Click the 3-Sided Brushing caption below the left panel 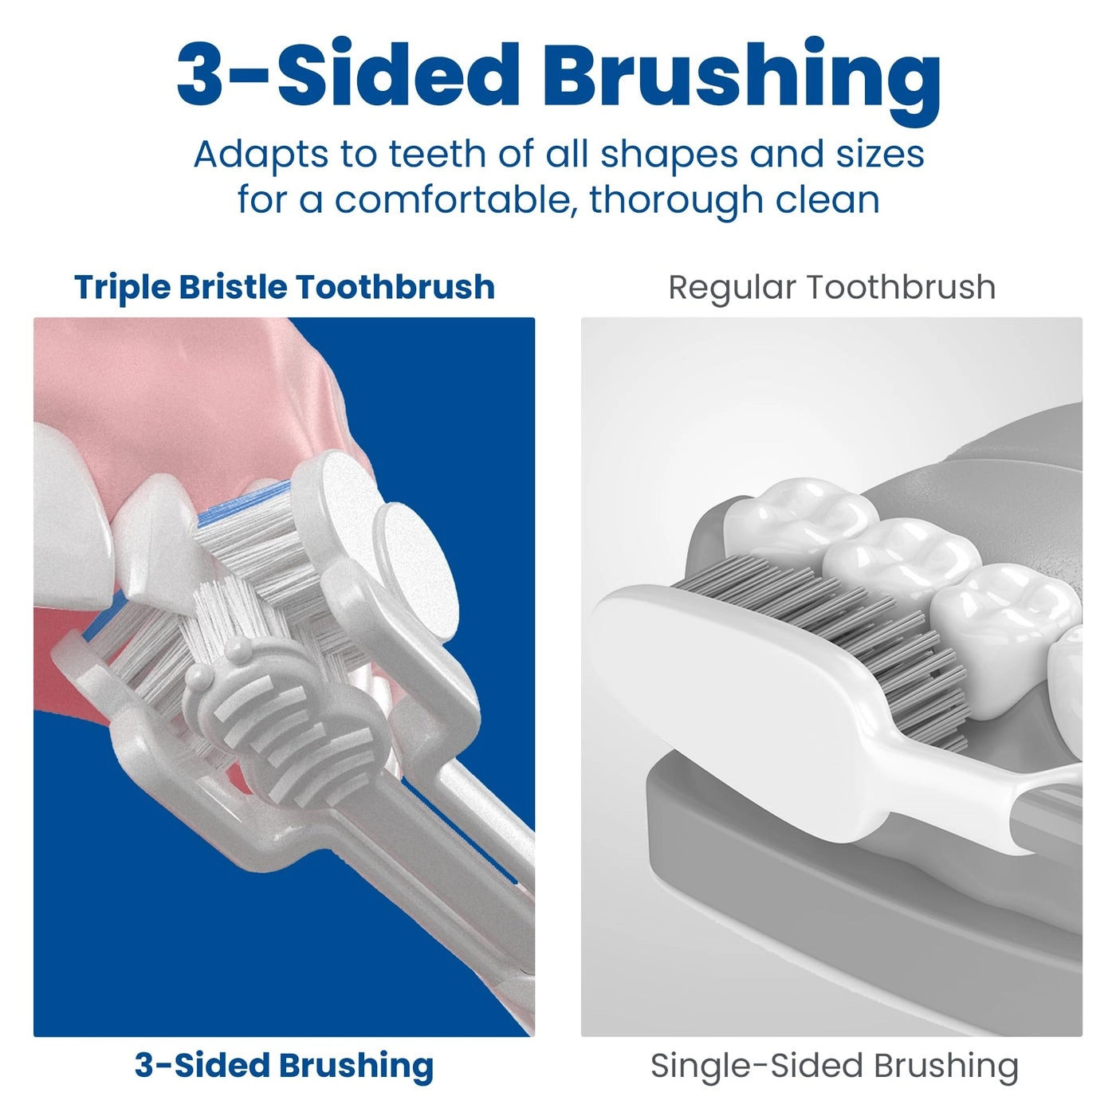tap(284, 1065)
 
